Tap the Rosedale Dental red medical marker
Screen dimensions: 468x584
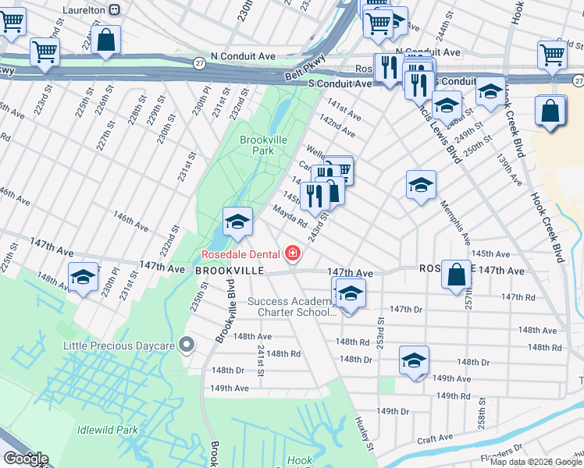coord(293,253)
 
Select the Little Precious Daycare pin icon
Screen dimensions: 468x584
coord(186,343)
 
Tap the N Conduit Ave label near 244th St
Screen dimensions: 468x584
coord(428,52)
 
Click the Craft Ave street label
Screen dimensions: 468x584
coord(436,440)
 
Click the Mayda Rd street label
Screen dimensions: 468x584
coord(289,215)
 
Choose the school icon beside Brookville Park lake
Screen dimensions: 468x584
coord(237,222)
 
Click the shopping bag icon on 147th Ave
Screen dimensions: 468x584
coord(457,275)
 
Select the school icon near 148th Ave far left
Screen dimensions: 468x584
coord(83,277)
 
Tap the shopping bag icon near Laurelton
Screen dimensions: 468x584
coord(105,39)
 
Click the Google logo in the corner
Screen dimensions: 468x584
coord(25,459)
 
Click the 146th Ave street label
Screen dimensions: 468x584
coord(130,221)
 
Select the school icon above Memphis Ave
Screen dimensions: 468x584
coord(421,185)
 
